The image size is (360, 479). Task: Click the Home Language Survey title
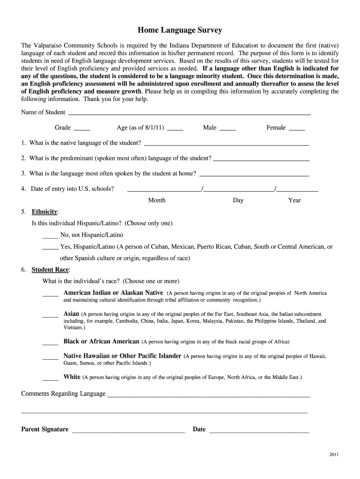[x=180, y=30]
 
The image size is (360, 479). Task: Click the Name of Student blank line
[x=189, y=113]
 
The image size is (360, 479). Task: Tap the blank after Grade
[x=82, y=128]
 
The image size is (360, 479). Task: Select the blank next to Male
[x=228, y=128]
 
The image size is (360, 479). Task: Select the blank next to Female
[x=297, y=128]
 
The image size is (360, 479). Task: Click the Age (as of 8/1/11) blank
[x=175, y=128]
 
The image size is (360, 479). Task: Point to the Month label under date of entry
[x=157, y=200]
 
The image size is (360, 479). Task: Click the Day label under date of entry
[x=238, y=200]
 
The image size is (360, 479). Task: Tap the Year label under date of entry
[x=295, y=200]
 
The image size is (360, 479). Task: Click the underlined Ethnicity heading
[x=44, y=211]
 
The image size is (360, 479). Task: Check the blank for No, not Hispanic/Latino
[x=50, y=235]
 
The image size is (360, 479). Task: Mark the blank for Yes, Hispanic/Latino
[x=50, y=247]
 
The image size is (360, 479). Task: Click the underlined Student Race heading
[x=50, y=270]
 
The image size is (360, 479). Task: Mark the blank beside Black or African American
[x=50, y=342]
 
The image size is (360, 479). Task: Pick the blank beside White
[x=50, y=377]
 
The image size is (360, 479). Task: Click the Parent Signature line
[x=129, y=430]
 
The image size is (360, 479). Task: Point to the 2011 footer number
[x=334, y=455]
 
